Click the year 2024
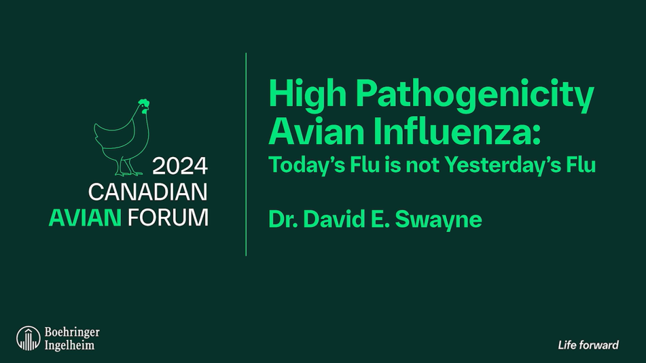pos(179,167)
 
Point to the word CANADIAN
pos(147,192)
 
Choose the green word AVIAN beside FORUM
pos(85,218)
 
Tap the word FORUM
pos(168,218)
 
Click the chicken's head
pos(143,106)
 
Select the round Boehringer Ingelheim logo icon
pos(29,339)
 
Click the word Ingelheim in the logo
pos(69,345)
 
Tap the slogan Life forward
pos(588,345)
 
